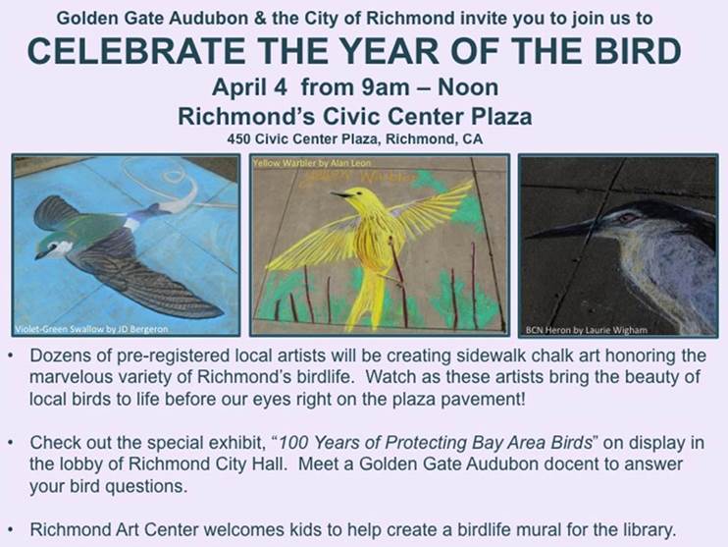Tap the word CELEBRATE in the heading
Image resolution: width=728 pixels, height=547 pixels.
coord(136,51)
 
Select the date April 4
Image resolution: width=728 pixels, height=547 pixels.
coord(249,87)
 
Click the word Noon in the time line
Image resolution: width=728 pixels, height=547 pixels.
coord(468,86)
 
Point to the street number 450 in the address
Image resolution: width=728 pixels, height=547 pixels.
coord(238,138)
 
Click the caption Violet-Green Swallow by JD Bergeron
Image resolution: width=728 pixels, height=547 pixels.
coord(91,329)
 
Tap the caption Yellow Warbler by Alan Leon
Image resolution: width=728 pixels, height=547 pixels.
coord(312,163)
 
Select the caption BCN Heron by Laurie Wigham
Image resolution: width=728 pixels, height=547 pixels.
coord(587,330)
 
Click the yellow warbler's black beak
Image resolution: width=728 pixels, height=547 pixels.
coord(340,195)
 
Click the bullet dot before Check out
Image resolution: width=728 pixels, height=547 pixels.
coord(11,443)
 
